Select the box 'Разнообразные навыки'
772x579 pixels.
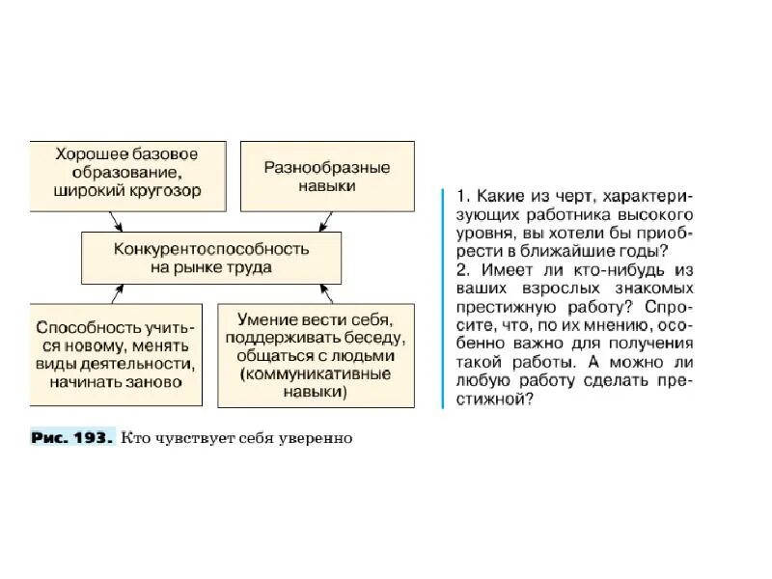pyautogui.click(x=326, y=175)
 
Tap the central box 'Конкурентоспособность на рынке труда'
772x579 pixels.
pyautogui.click(x=210, y=257)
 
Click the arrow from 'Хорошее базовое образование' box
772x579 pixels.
pyautogui.click(x=117, y=221)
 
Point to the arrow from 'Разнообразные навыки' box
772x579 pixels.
pyautogui.click(x=308, y=221)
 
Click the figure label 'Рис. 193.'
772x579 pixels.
pyautogui.click(x=71, y=437)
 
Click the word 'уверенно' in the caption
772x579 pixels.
pyautogui.click(x=322, y=438)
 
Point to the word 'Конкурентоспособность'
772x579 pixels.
pyautogui.click(x=210, y=248)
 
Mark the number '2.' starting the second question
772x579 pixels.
pyautogui.click(x=461, y=269)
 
